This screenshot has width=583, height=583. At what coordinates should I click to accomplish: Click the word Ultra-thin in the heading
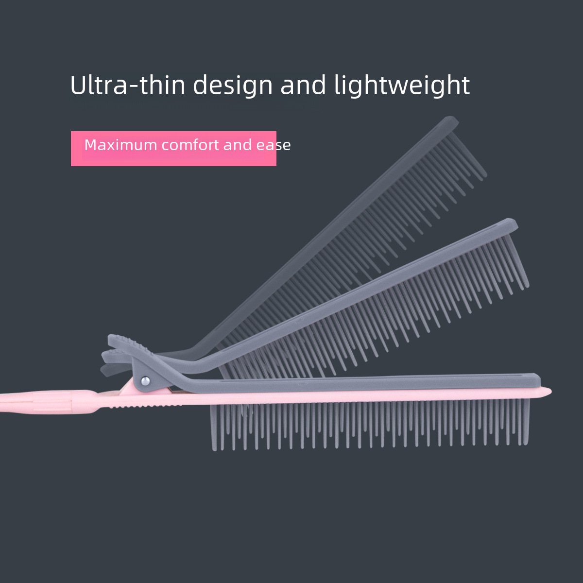click(128, 86)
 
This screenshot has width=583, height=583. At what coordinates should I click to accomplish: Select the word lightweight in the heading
click(402, 86)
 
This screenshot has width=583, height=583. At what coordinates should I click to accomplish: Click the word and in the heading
click(303, 86)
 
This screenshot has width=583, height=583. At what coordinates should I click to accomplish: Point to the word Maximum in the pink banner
click(120, 145)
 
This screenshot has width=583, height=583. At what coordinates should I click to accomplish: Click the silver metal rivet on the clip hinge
click(145, 381)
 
